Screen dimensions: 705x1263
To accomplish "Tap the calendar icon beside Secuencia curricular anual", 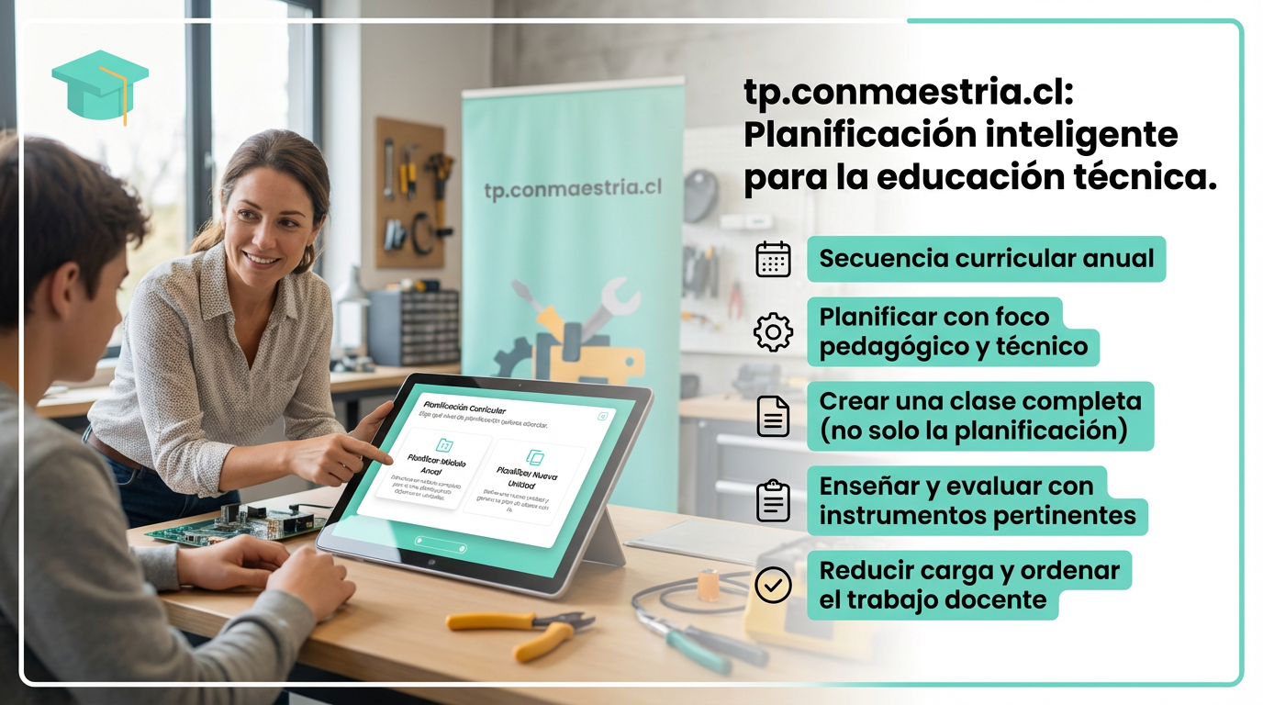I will pyautogui.click(x=773, y=259).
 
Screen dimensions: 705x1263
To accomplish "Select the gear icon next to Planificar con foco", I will pyautogui.click(x=773, y=332).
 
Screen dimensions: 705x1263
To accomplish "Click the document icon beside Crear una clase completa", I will pyautogui.click(x=773, y=416).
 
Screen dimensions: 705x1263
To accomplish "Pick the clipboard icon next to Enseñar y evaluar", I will pyautogui.click(x=773, y=501).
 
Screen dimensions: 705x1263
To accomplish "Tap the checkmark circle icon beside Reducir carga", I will pyautogui.click(x=773, y=585).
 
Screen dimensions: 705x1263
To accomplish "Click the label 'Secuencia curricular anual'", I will pyautogui.click(x=986, y=259).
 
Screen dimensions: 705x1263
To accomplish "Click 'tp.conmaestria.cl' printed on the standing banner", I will pyautogui.click(x=573, y=189).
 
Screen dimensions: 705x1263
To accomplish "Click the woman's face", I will pyautogui.click(x=266, y=225).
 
